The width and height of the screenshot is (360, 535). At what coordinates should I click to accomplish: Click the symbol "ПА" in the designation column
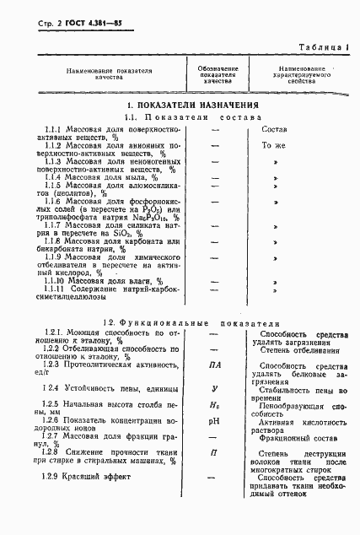click(214, 365)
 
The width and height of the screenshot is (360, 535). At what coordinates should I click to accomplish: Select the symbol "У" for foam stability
click(214, 387)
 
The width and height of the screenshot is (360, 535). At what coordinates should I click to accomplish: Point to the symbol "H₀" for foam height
click(214, 406)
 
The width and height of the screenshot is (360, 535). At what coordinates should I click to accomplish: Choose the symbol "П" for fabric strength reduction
click(214, 453)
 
